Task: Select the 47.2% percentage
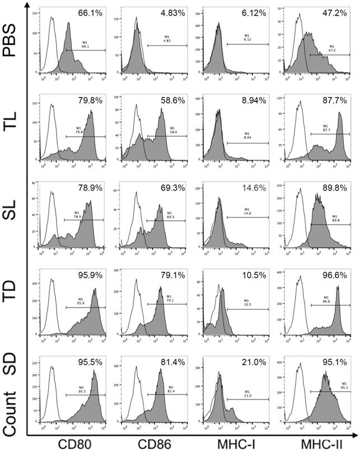335,12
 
